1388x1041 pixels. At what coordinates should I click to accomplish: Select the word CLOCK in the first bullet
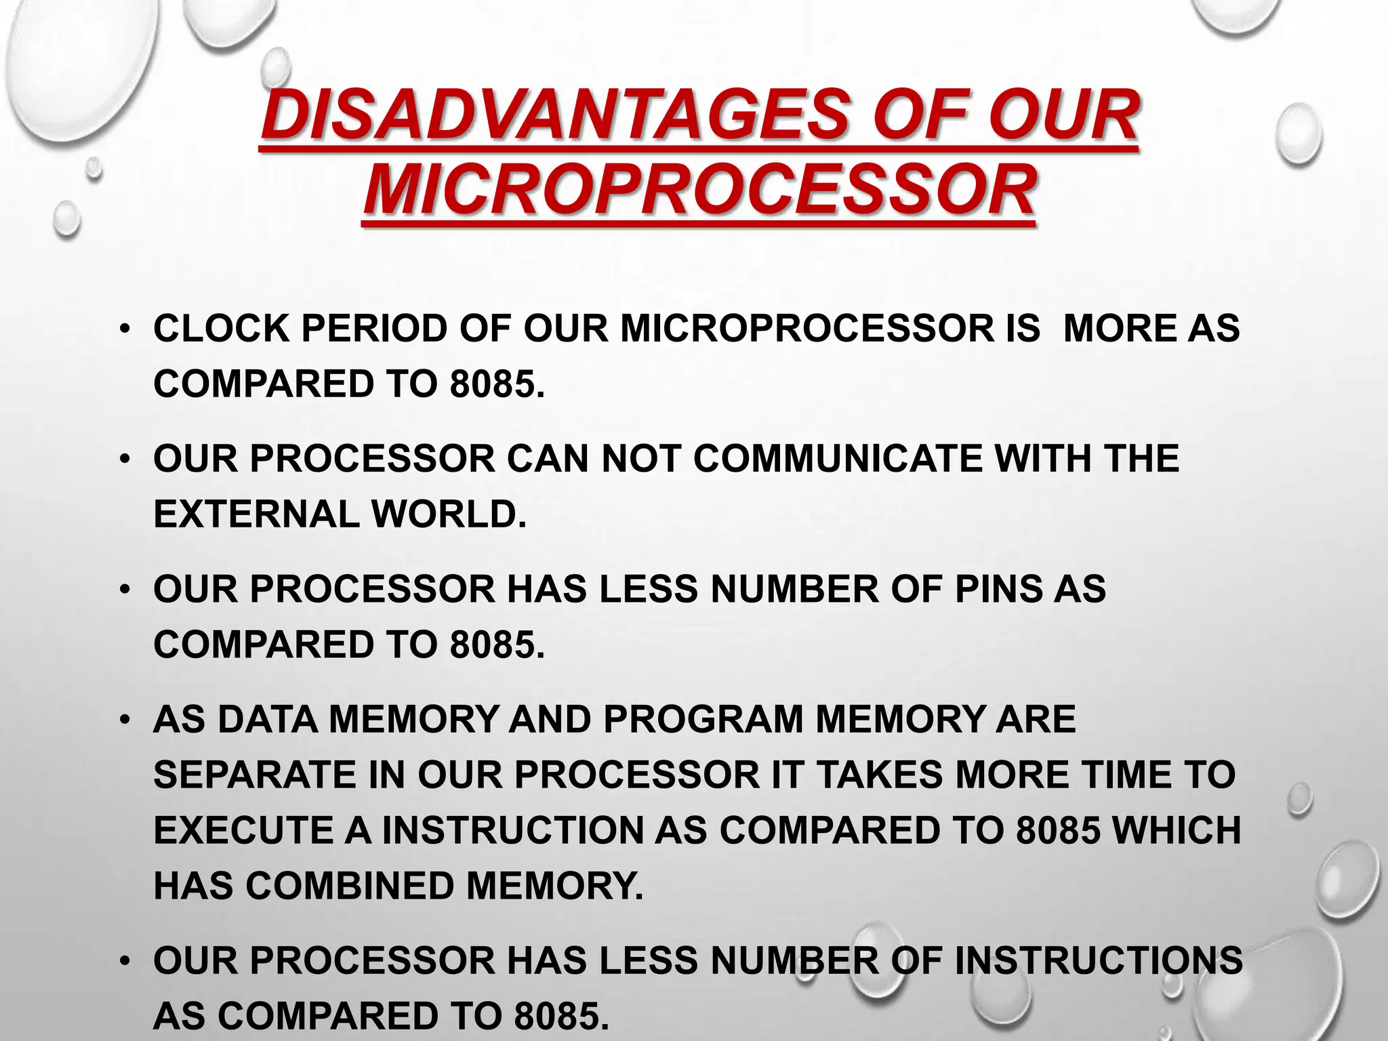click(x=221, y=329)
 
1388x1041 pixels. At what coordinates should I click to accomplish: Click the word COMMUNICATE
click(x=837, y=459)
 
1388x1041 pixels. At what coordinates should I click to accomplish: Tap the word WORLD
click(x=448, y=514)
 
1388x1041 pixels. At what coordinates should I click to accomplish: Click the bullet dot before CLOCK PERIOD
click(x=123, y=330)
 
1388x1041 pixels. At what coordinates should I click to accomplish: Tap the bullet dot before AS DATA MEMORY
click(x=123, y=720)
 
